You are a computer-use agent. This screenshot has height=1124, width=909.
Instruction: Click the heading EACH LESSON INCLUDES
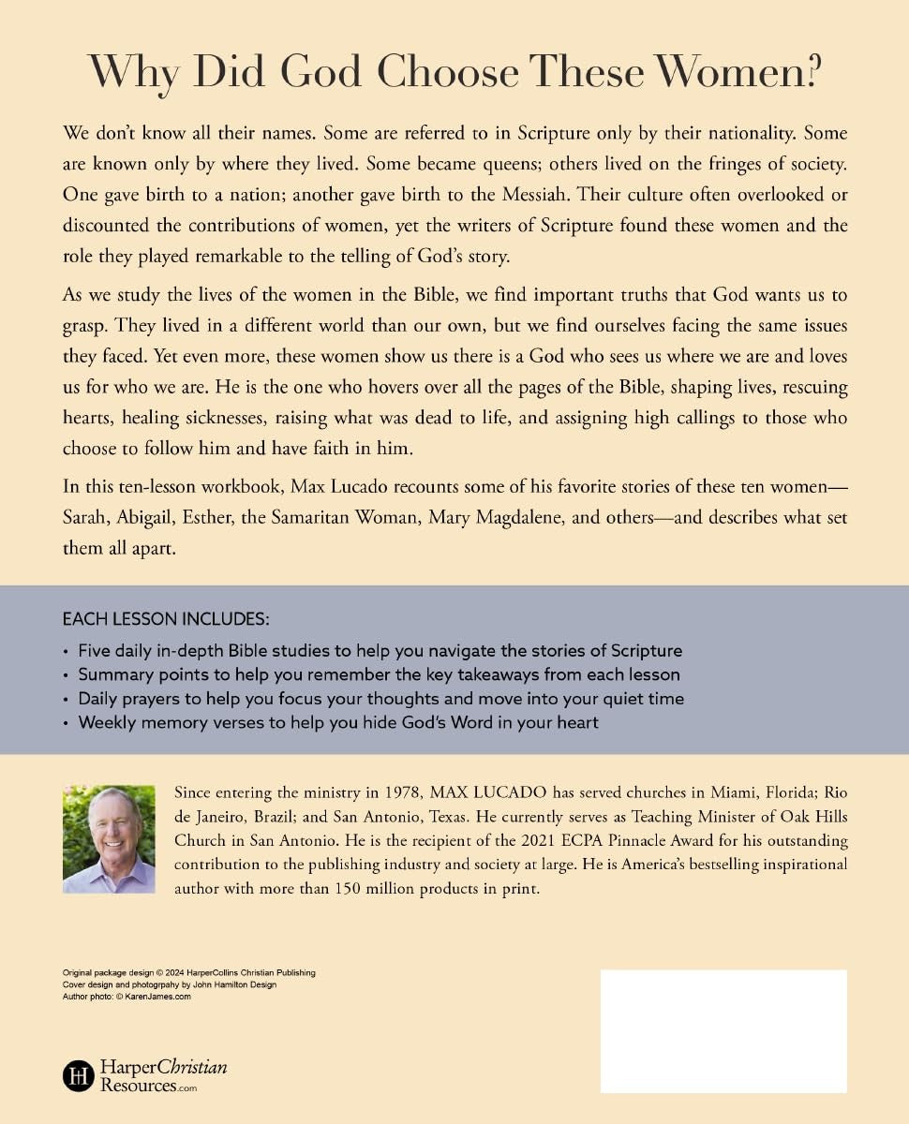(165, 619)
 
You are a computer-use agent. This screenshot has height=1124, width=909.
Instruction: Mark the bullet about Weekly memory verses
(337, 722)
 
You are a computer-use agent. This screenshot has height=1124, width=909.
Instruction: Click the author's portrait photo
(109, 839)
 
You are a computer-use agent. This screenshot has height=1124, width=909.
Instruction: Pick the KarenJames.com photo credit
(127, 997)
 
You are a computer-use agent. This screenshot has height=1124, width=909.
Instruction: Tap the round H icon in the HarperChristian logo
(78, 1075)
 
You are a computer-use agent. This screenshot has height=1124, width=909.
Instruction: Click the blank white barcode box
(723, 1030)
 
